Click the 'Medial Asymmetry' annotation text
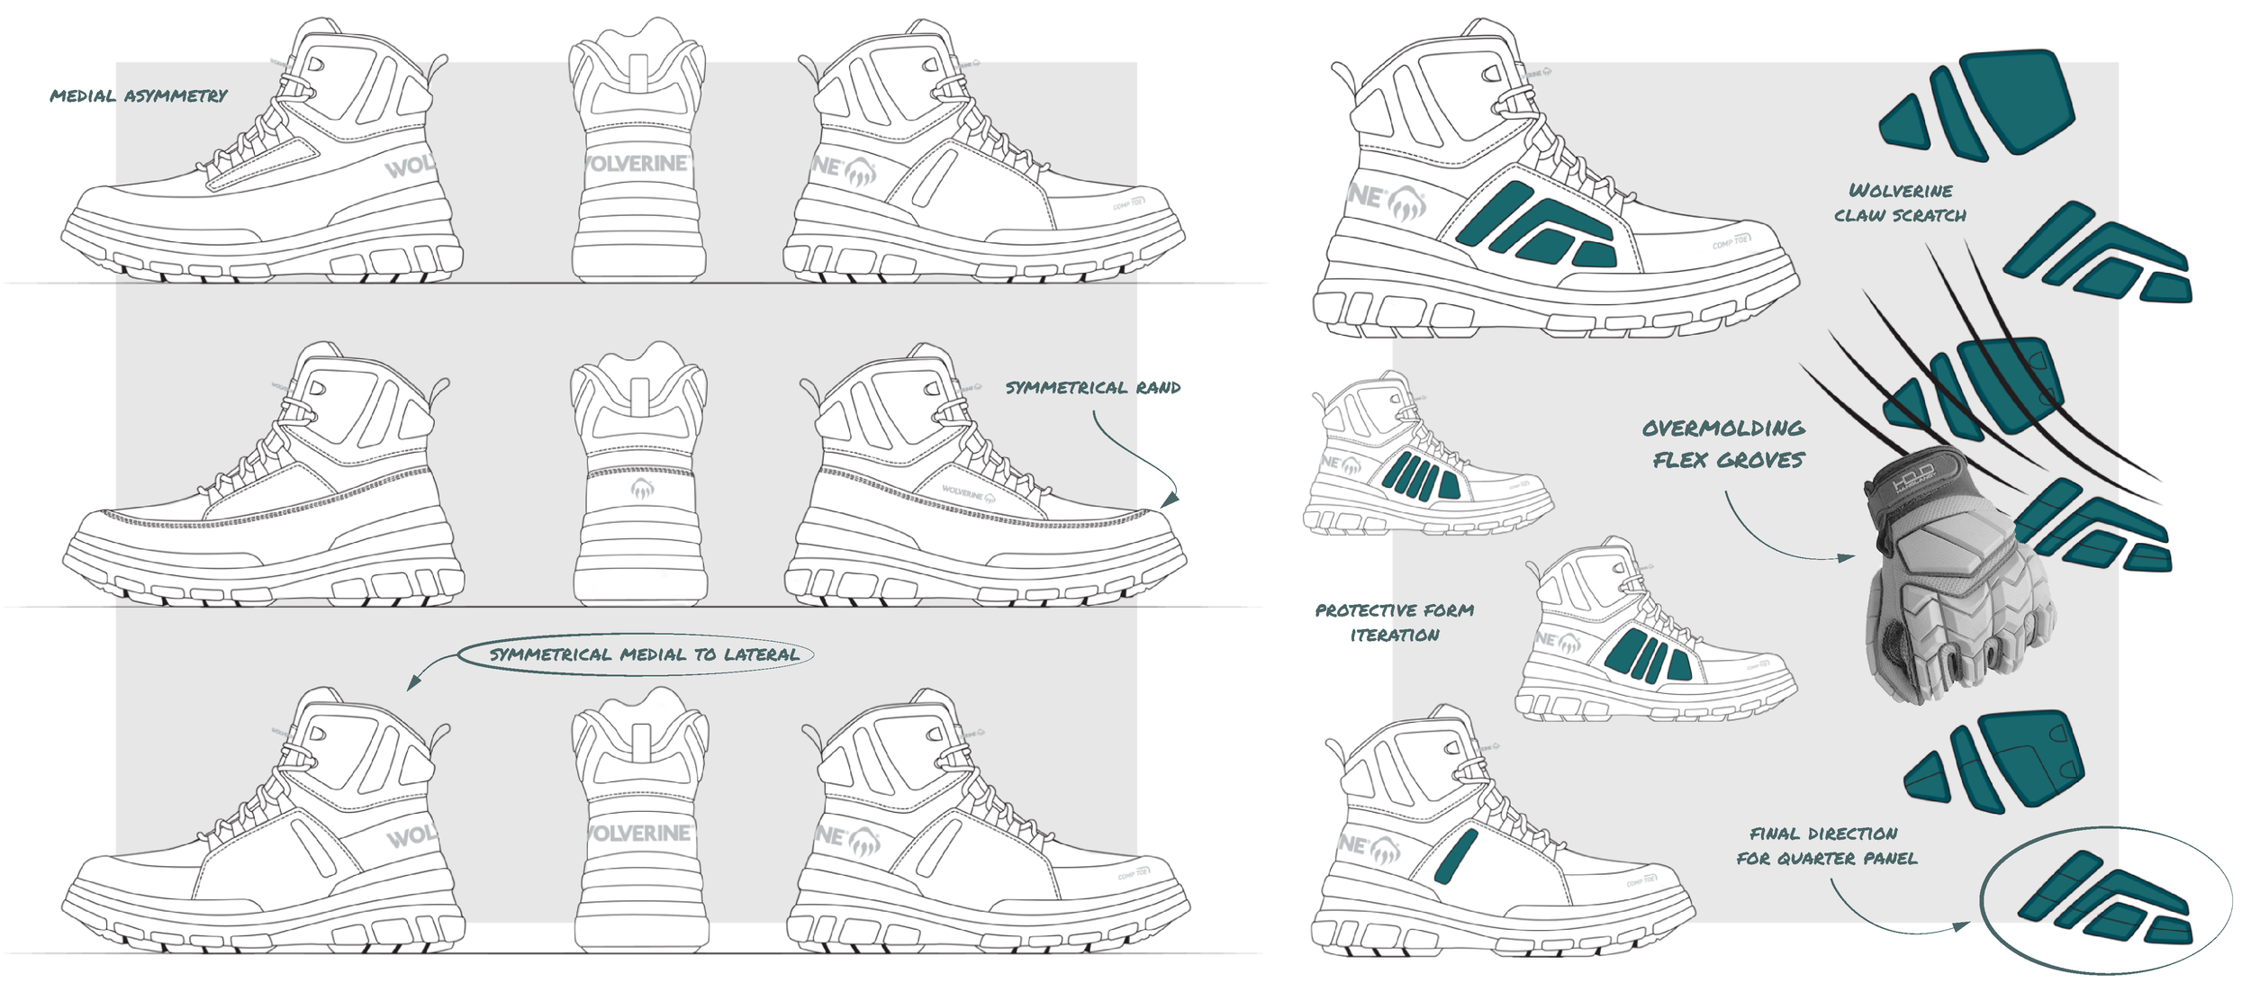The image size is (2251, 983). [x=139, y=95]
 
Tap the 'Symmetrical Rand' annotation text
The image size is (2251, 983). [x=1093, y=388]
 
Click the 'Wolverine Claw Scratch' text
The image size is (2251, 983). [x=1900, y=203]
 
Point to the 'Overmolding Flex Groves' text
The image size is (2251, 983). [x=1723, y=444]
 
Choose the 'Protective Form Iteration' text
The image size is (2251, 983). [x=1395, y=623]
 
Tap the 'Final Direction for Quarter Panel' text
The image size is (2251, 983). [x=1826, y=846]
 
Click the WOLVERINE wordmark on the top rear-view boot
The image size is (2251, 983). [x=637, y=163]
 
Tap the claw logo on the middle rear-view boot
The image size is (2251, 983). [x=641, y=489]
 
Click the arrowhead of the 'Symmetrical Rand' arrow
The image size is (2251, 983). [x=1171, y=500]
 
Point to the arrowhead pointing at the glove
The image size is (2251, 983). [x=1848, y=558]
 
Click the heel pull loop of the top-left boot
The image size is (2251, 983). [x=438, y=66]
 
